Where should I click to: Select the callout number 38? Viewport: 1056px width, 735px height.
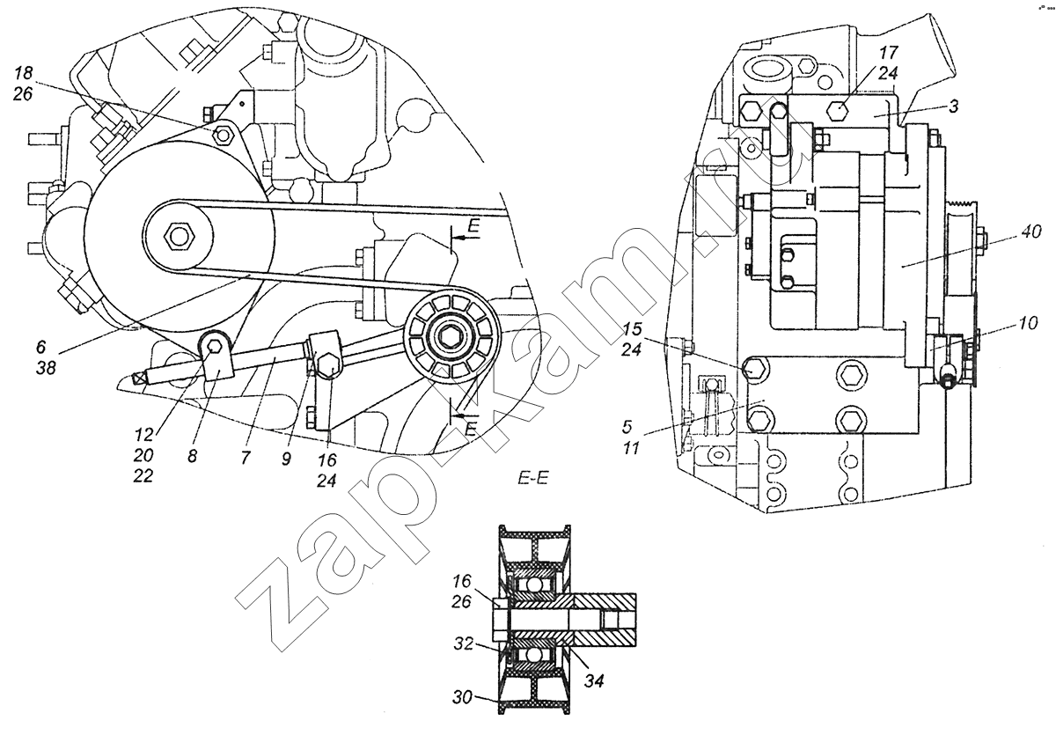pos(47,369)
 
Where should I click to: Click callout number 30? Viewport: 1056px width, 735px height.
pos(465,696)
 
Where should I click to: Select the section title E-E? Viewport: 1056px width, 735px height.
pos(533,479)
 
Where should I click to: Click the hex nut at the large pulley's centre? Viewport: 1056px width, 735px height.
pos(181,237)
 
